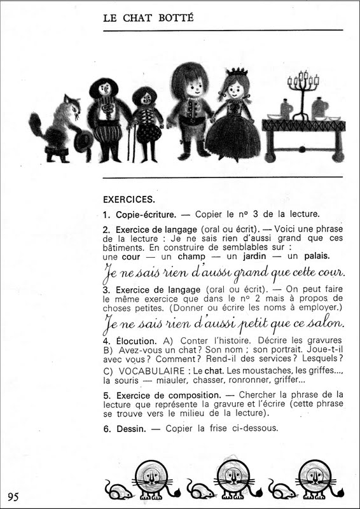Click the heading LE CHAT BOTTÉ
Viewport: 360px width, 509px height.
coord(148,18)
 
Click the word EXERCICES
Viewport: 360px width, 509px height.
coord(128,199)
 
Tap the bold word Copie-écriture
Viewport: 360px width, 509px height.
coord(145,214)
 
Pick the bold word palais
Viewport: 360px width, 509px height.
coord(316,256)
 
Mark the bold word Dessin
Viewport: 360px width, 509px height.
coord(127,428)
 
